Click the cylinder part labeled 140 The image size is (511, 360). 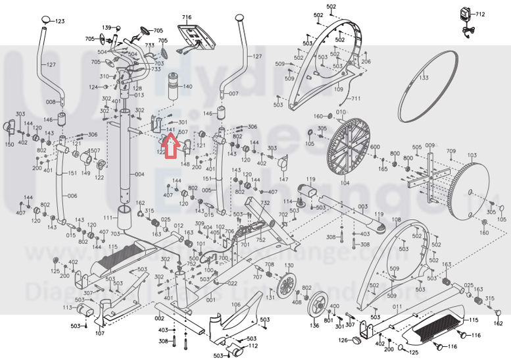pyautogui.click(x=175, y=86)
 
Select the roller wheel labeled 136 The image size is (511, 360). pyautogui.click(x=318, y=304)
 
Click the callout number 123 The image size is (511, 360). pyautogui.click(x=60, y=22)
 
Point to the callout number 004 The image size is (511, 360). pyautogui.click(x=139, y=174)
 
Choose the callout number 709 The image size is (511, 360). pyautogui.click(x=450, y=152)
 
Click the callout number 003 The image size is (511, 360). pyautogui.click(x=363, y=205)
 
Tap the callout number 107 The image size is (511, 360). pyautogui.click(x=99, y=333)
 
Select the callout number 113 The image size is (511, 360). pyautogui.click(x=68, y=307)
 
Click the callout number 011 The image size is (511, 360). pyautogui.click(x=397, y=307)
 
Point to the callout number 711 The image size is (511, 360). pyautogui.click(x=356, y=99)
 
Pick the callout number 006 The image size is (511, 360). pyautogui.click(x=72, y=196)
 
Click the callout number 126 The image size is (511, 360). pyautogui.click(x=343, y=340)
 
